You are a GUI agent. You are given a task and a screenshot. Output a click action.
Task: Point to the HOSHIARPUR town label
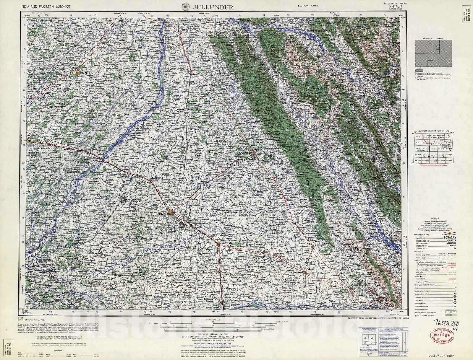pos(244,153)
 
